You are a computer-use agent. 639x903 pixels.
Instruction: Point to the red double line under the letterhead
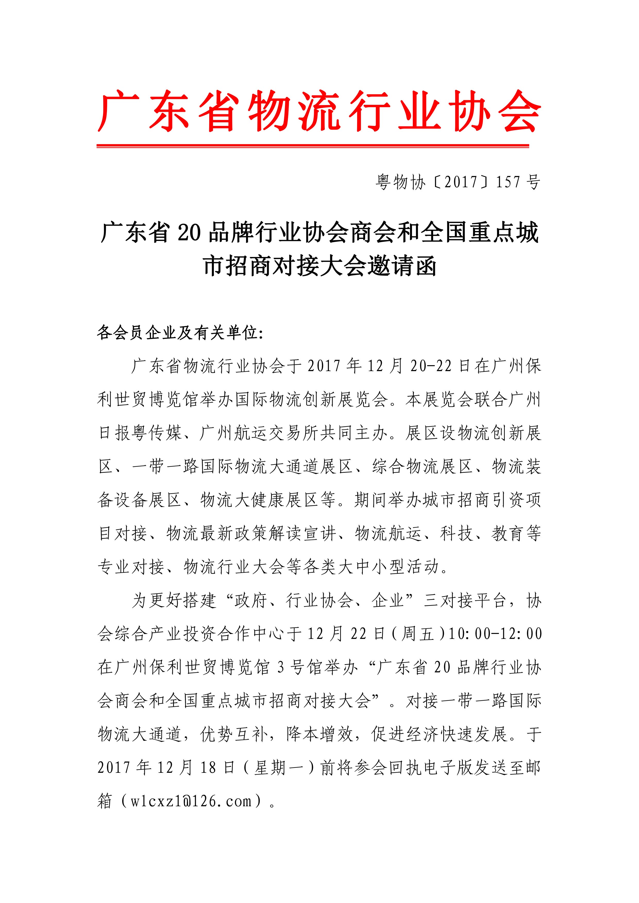[313, 146]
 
